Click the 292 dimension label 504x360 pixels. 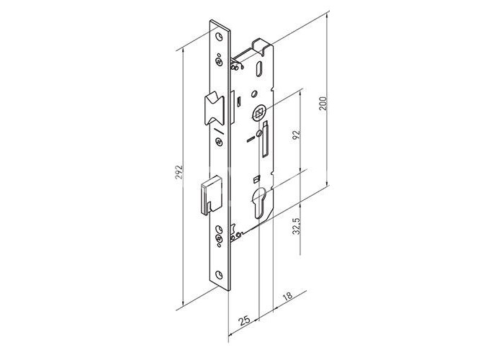pyautogui.click(x=179, y=172)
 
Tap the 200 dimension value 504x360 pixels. pyautogui.click(x=323, y=104)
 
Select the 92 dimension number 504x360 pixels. pyautogui.click(x=296, y=135)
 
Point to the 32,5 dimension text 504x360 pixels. pyautogui.click(x=296, y=226)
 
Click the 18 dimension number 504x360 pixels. pyautogui.click(x=288, y=295)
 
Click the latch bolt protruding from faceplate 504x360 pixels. pyautogui.click(x=213, y=109)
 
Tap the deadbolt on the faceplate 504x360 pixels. pyautogui.click(x=211, y=195)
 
